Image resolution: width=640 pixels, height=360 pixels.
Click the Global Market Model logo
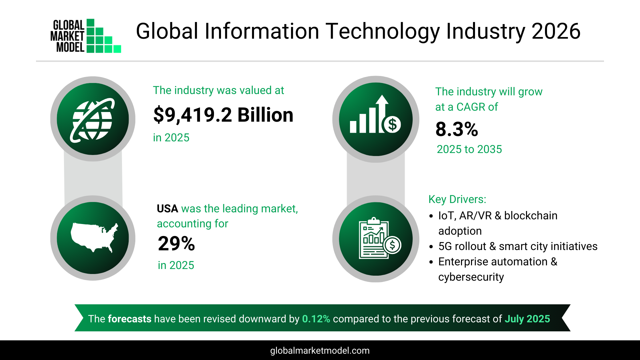tap(86, 36)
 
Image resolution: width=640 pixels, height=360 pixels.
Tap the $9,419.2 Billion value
tap(223, 115)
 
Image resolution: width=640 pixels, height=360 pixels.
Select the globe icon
tap(93, 119)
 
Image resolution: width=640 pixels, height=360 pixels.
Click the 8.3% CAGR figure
tap(457, 129)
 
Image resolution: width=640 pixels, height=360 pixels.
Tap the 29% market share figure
tap(176, 244)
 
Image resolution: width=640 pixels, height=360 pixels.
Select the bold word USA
tap(167, 209)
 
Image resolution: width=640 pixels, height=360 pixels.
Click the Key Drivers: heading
tap(457, 199)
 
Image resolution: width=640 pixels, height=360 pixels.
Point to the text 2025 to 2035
tap(469, 149)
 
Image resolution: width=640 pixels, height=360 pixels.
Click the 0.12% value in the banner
tap(316, 319)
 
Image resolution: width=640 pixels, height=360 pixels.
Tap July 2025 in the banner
tap(527, 319)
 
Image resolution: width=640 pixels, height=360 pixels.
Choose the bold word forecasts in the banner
tap(129, 319)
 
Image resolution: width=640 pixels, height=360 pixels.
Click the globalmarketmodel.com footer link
tap(320, 351)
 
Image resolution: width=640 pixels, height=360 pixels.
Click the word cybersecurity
tap(471, 277)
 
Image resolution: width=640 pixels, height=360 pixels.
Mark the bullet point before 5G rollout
tap(431, 247)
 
